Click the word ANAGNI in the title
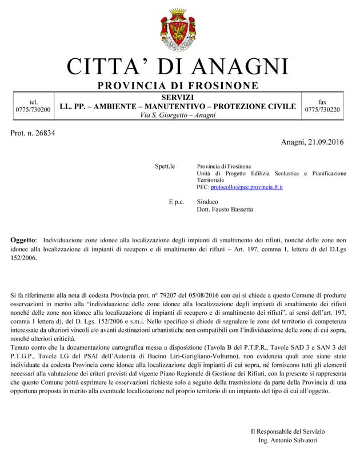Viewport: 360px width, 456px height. [239, 66]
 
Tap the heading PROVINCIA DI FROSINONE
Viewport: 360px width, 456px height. [178, 86]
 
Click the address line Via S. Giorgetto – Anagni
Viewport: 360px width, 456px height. [178, 115]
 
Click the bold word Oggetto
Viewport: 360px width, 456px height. [23, 241]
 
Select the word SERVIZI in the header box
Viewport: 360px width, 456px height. [178, 98]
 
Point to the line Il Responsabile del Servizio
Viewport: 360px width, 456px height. [291, 431]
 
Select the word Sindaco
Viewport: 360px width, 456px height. [207, 202]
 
